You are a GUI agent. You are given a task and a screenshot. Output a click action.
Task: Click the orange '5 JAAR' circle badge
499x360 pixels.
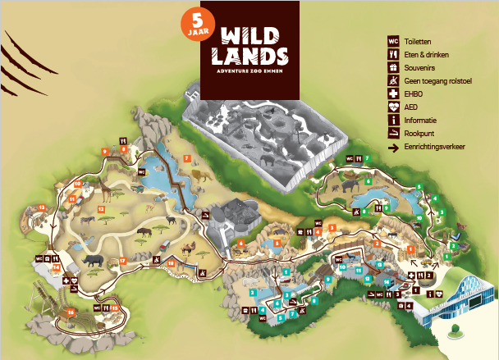195,25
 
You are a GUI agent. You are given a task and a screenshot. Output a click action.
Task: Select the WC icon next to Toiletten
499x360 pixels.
393,40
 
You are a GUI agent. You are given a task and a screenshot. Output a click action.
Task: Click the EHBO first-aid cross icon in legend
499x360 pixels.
393,93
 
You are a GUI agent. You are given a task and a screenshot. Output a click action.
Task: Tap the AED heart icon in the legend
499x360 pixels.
393,107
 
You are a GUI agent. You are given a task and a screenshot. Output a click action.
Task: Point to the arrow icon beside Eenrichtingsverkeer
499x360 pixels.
393,147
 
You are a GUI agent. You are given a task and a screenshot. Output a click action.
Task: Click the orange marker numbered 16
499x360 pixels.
71,312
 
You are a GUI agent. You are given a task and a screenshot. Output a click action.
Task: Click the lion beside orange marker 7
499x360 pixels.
202,174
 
